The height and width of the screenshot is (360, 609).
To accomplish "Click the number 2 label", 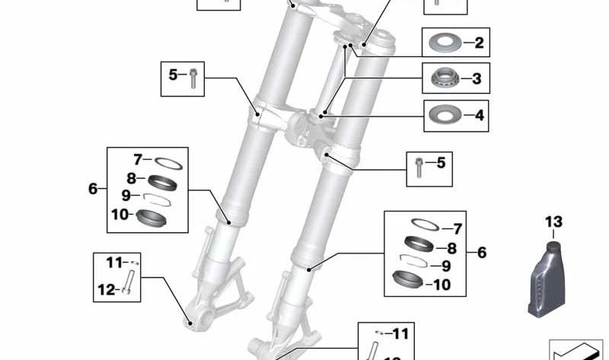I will click(478, 43).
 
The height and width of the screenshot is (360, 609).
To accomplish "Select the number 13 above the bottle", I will click(553, 221).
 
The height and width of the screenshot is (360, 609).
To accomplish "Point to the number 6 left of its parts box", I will click(93, 188).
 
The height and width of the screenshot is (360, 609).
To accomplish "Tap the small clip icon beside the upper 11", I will click(130, 263).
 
